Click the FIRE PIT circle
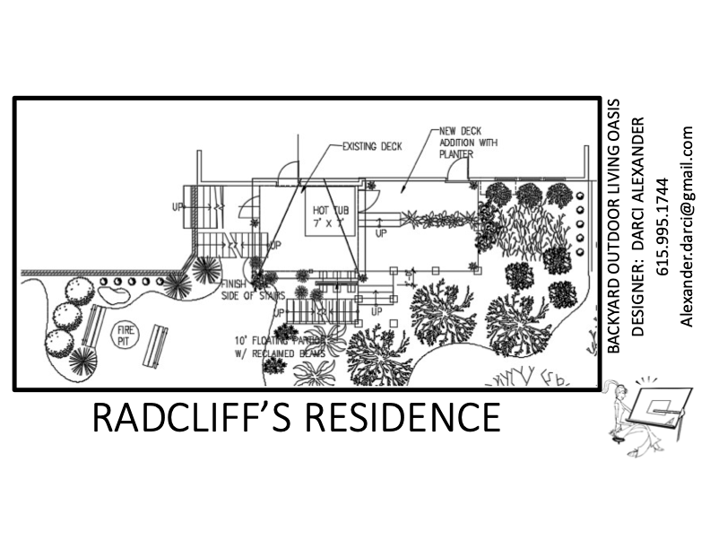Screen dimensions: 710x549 click(124, 335)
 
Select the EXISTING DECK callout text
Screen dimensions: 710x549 click(373, 144)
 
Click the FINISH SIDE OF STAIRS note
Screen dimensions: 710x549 click(241, 291)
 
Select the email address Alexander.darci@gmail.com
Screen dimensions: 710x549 click(688, 226)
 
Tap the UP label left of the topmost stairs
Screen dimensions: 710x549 click(177, 207)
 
